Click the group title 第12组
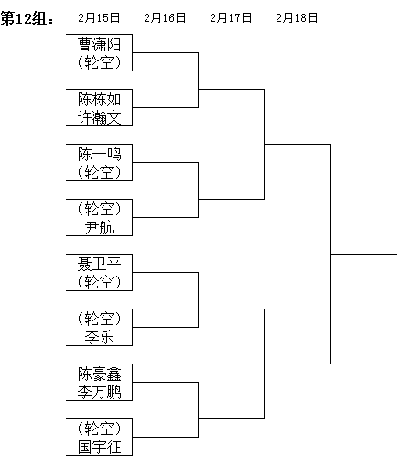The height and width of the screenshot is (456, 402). (x=27, y=18)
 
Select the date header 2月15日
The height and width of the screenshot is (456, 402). (x=99, y=18)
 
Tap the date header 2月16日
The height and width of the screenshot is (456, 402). (x=165, y=18)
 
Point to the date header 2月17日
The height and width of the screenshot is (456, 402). (x=231, y=18)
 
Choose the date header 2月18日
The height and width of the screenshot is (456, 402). (x=297, y=18)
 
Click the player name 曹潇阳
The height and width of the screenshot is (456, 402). (x=100, y=44)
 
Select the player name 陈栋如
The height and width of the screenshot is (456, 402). (x=100, y=99)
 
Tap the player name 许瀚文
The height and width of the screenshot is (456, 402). (x=100, y=117)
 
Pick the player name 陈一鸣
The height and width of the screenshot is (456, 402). (x=100, y=154)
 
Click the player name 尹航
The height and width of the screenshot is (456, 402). (x=100, y=227)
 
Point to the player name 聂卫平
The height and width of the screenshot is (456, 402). (x=100, y=264)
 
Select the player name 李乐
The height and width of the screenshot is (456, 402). (x=100, y=337)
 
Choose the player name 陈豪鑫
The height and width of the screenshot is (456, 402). (x=100, y=374)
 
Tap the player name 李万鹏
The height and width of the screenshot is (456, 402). (x=100, y=392)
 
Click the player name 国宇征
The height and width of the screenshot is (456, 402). (x=100, y=447)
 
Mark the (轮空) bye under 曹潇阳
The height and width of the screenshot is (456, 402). (x=100, y=62)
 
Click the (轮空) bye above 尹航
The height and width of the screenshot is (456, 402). (x=100, y=209)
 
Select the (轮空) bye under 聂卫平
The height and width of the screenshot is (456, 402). (x=100, y=282)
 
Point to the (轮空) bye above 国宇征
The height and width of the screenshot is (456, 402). (x=100, y=429)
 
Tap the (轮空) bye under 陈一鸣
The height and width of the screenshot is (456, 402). (x=100, y=172)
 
